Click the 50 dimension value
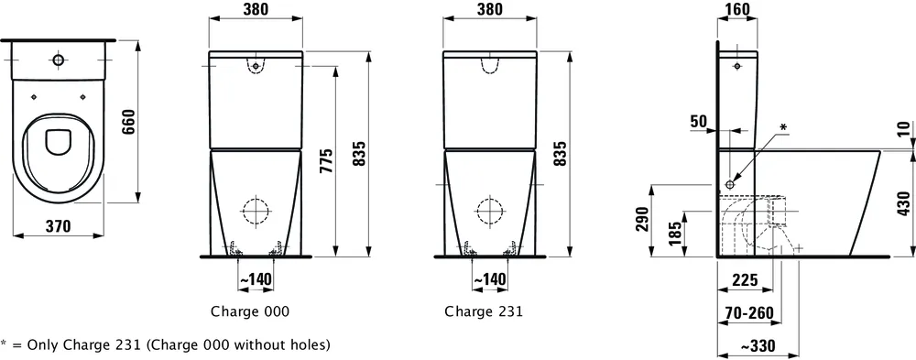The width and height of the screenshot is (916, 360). (x=699, y=121)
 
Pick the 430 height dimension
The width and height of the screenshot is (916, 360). (x=904, y=202)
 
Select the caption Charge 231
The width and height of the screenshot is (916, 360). (x=484, y=311)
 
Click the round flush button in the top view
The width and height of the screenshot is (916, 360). (x=59, y=60)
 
